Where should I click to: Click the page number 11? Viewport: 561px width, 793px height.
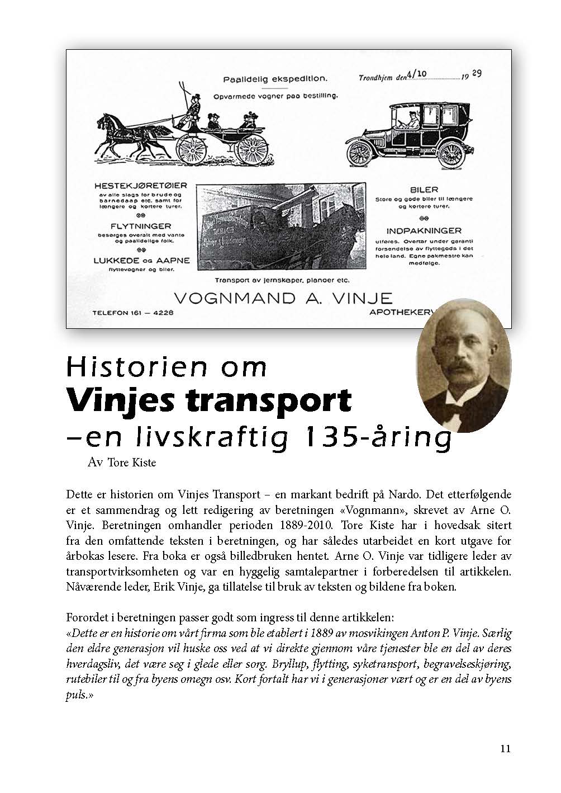[505, 749]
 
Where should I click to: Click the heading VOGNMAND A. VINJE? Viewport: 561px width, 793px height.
[283, 297]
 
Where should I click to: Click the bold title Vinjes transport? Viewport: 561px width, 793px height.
[210, 399]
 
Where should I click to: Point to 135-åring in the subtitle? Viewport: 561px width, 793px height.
[374, 438]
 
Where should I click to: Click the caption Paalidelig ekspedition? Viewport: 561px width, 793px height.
[275, 79]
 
